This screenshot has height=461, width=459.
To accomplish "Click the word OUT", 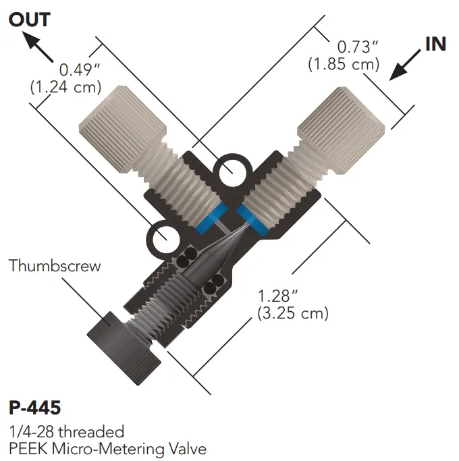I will (x=29, y=19).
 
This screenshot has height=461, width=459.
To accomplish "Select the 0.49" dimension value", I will (x=80, y=70).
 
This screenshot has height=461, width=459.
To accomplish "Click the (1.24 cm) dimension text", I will (x=66, y=86).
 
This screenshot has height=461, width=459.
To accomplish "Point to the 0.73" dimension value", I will (x=357, y=47).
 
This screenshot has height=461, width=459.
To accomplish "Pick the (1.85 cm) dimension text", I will (x=344, y=65).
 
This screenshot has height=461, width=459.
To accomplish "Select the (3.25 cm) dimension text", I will (x=292, y=313).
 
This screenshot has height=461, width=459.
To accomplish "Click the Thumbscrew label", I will (x=55, y=265).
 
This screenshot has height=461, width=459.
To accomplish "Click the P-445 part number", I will (x=35, y=408).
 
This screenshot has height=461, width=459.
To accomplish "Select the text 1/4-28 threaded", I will (x=66, y=431).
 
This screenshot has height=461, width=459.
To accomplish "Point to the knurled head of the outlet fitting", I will (x=122, y=127).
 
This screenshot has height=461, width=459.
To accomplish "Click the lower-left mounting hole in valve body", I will (x=165, y=238).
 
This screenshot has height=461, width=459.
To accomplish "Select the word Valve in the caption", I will (x=186, y=448).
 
